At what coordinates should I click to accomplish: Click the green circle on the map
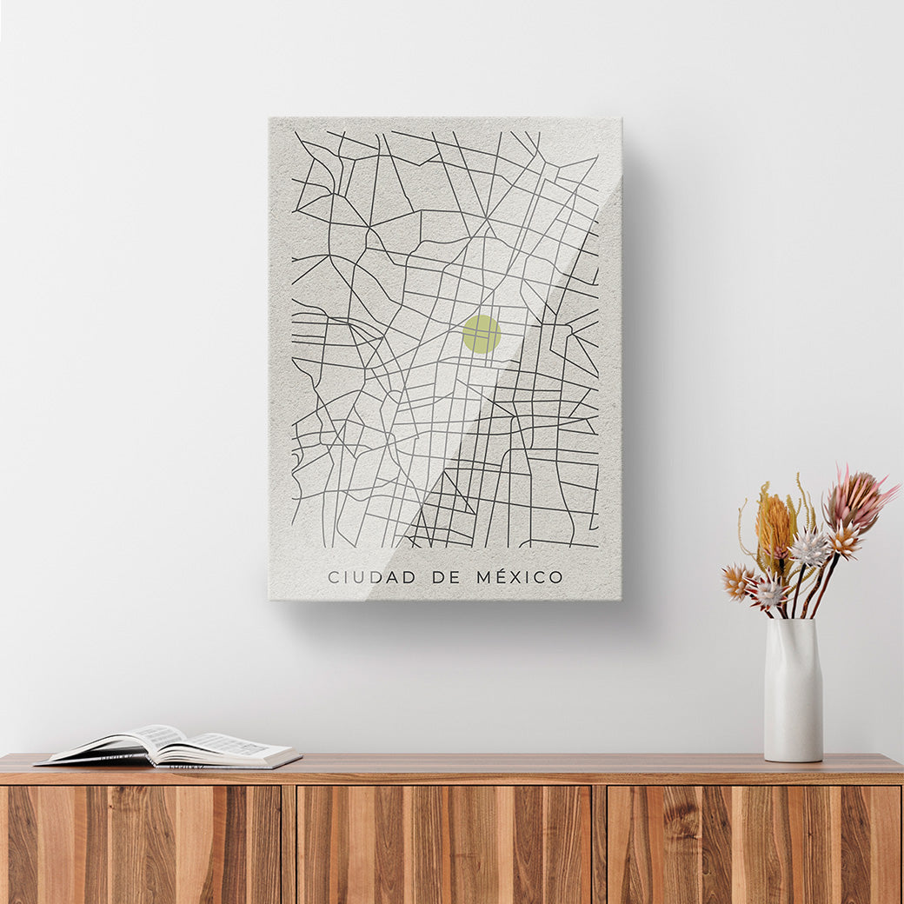(482, 334)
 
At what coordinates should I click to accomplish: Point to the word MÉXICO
(520, 576)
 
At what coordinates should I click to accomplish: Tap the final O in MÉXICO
(555, 577)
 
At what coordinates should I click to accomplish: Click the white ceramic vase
(793, 691)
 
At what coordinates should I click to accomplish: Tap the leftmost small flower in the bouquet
(737, 581)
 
